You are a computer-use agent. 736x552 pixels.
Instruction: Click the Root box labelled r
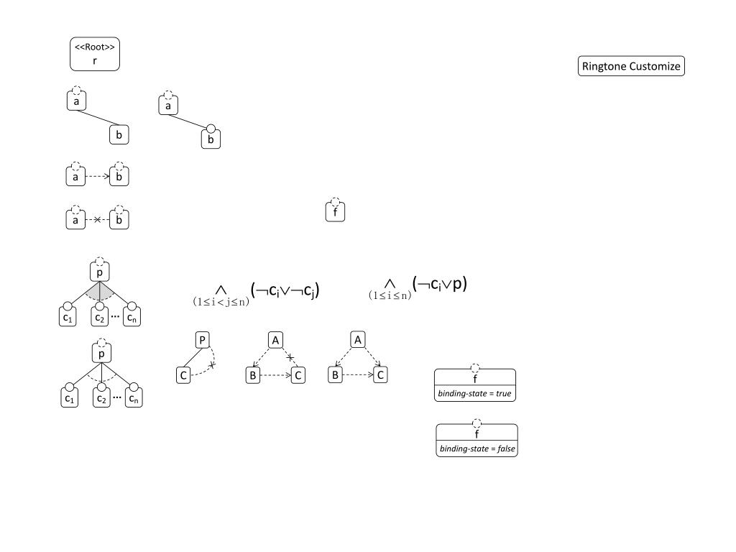pyautogui.click(x=95, y=55)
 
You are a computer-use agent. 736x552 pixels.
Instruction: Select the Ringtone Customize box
pyautogui.click(x=631, y=67)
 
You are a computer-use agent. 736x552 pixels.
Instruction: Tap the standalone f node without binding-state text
pyautogui.click(x=336, y=212)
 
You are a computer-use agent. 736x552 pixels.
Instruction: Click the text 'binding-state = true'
pyautogui.click(x=475, y=394)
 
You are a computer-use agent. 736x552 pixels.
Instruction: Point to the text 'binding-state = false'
pyautogui.click(x=477, y=449)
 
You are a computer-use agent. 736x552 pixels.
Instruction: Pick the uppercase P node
pyautogui.click(x=202, y=339)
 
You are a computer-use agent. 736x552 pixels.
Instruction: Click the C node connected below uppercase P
pyautogui.click(x=183, y=374)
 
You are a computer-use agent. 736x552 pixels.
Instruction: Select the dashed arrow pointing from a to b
pyautogui.click(x=98, y=175)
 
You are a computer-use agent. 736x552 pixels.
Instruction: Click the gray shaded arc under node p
pyautogui.click(x=100, y=291)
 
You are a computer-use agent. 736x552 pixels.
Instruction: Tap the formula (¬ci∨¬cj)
pyautogui.click(x=285, y=290)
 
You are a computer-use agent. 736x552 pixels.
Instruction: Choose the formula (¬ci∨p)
pyautogui.click(x=442, y=284)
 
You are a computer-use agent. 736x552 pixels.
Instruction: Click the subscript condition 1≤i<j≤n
pyautogui.click(x=221, y=302)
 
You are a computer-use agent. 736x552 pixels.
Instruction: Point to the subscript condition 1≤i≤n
pyautogui.click(x=390, y=295)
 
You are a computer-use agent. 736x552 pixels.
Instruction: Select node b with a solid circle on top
pyautogui.click(x=211, y=139)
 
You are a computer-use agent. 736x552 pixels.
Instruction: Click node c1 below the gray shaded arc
pyautogui.click(x=68, y=318)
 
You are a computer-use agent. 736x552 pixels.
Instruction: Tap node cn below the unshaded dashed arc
pyautogui.click(x=133, y=398)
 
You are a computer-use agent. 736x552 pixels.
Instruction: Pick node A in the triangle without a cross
pyautogui.click(x=356, y=339)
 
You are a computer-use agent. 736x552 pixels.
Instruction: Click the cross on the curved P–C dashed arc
pyautogui.click(x=212, y=366)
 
